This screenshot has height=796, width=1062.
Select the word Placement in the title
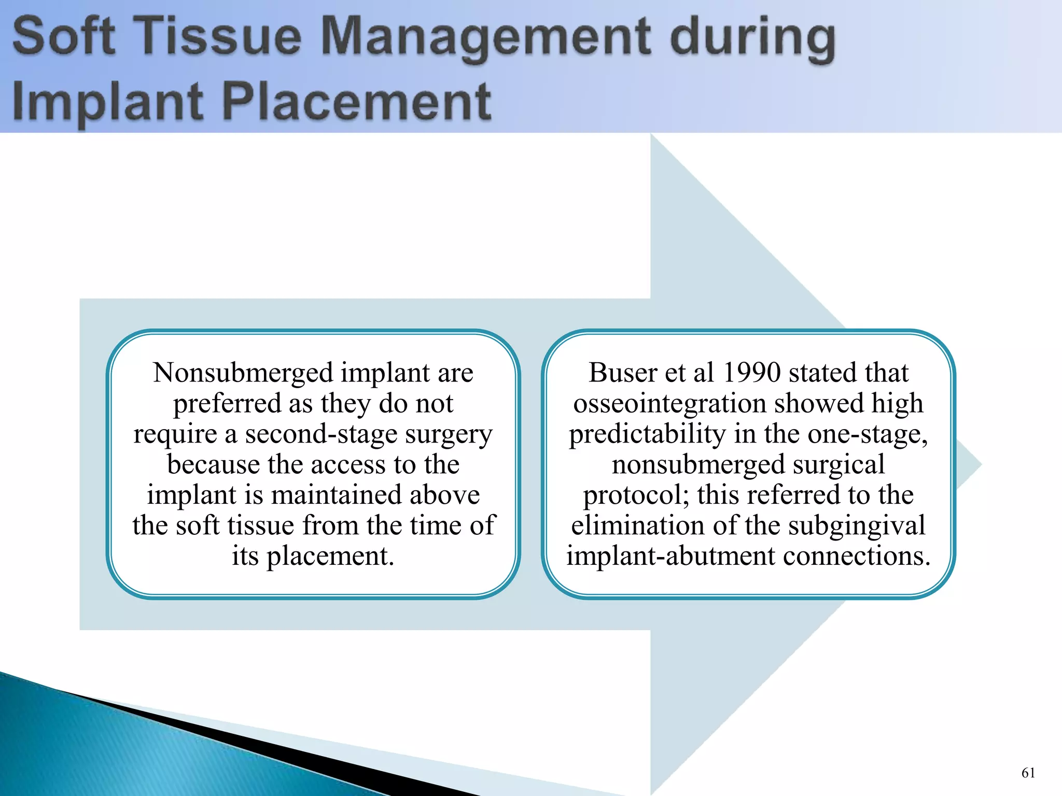[x=357, y=102]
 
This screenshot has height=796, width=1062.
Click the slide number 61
[x=1028, y=773]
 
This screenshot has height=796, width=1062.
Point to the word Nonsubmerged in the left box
[x=243, y=373]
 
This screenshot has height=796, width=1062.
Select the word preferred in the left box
[x=227, y=404]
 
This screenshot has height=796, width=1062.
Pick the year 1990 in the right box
[x=751, y=373]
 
